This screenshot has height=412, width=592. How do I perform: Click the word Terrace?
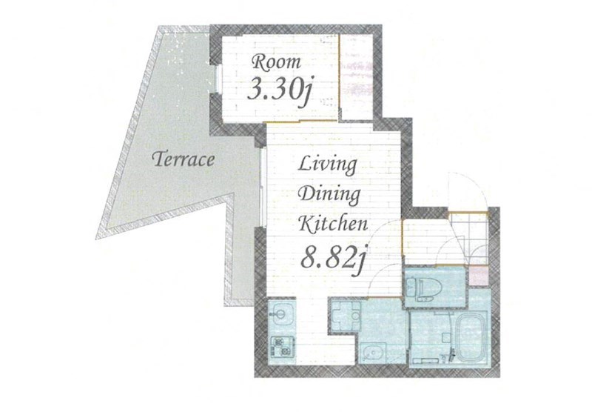click(x=183, y=159)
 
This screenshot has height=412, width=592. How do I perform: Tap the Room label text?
click(x=277, y=62)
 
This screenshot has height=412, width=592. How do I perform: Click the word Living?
click(x=328, y=165)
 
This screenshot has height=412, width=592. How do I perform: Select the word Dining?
click(x=329, y=195)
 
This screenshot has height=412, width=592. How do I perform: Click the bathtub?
click(x=471, y=336)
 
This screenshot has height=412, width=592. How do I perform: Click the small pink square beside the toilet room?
click(x=478, y=276)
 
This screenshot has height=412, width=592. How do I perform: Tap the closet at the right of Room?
click(x=356, y=77)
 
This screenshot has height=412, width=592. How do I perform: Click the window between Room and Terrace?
click(x=217, y=79)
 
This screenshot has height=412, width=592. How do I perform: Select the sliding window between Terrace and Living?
click(x=263, y=187)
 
